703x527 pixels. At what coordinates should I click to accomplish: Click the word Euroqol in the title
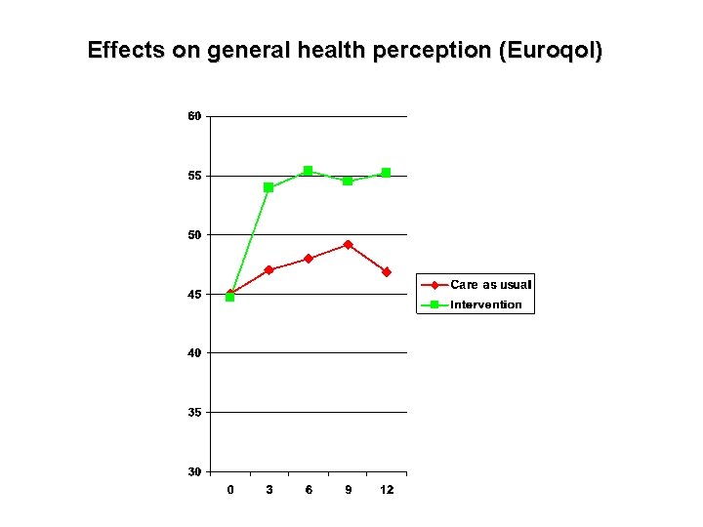point(550,50)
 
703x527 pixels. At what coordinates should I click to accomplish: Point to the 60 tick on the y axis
point(194,116)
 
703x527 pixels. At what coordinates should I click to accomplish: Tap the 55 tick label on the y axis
point(194,176)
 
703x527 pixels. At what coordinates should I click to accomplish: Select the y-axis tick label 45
point(194,294)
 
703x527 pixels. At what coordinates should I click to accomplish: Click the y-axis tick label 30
point(194,471)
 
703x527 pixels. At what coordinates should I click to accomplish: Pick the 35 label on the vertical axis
point(194,412)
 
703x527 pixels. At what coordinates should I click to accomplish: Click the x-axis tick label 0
point(229,490)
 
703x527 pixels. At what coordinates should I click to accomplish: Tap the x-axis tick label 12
point(387,490)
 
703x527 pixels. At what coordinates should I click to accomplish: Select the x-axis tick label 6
point(309,490)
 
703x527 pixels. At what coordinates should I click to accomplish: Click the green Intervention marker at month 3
point(269,187)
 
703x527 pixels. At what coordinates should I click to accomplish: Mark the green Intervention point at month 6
point(308,171)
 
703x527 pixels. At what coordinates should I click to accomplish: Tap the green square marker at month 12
point(386,173)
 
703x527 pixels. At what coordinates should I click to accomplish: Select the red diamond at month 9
point(348,244)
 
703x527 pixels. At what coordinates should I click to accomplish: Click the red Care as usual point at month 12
point(386,272)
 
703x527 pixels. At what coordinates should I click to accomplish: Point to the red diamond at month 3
point(269,269)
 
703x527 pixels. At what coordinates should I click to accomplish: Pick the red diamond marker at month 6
point(308,259)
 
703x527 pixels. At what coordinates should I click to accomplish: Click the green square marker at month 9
point(348,181)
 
